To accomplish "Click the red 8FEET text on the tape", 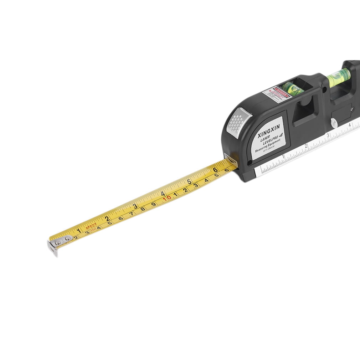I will (91, 225).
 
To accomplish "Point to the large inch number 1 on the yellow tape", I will (79, 230).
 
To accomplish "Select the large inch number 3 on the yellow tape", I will (135, 206).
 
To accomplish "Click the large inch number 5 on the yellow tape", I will (189, 181).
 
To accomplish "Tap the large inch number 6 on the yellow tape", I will (215, 170).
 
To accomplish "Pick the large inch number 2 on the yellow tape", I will (107, 218).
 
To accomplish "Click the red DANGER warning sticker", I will (277, 94).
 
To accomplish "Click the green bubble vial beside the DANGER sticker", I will (292, 88).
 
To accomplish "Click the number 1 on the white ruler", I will (283, 156).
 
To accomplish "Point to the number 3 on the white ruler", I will (328, 135).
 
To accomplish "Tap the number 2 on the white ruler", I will (306, 146).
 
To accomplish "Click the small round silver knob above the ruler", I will (334, 123).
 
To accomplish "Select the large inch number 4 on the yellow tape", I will (163, 194).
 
